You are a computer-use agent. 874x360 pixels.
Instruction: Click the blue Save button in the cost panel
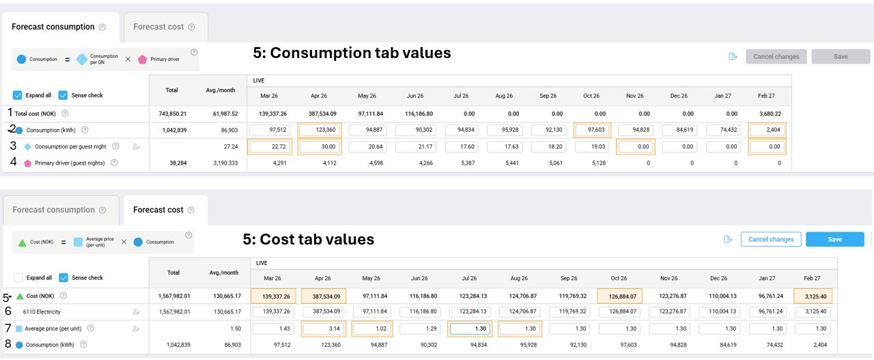click(834, 239)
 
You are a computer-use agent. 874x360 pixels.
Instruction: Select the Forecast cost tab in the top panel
click(158, 27)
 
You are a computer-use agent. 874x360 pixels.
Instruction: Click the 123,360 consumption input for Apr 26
click(320, 130)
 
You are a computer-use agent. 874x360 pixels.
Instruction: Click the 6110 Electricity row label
click(42, 311)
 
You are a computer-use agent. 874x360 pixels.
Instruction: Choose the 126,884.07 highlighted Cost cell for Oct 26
click(619, 296)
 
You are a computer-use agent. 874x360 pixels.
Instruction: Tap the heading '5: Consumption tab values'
click(352, 53)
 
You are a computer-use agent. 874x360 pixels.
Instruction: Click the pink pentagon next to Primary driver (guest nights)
click(27, 163)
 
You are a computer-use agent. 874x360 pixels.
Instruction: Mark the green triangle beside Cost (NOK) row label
click(20, 296)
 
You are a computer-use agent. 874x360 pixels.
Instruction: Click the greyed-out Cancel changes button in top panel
click(776, 57)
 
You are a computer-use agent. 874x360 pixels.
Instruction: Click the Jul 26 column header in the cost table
click(469, 278)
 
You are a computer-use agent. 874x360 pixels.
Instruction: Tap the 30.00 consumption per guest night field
click(320, 146)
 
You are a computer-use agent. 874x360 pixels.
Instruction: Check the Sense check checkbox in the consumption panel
click(64, 95)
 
